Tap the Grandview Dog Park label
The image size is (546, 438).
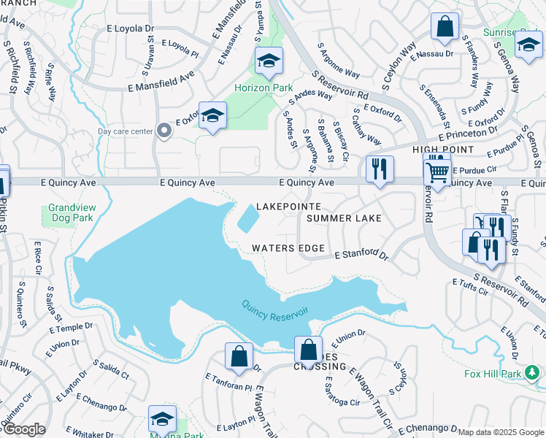[x=72, y=212]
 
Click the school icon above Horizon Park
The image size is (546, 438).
[x=269, y=61]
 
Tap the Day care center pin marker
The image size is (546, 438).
[x=164, y=131]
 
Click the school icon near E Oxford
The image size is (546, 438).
[x=213, y=116]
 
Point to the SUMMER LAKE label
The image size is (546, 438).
[x=344, y=218]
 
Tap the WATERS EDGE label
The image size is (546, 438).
[x=288, y=248]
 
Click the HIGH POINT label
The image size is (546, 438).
[x=443, y=150]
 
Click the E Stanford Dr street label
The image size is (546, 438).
[x=361, y=255]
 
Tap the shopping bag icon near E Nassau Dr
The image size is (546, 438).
[x=445, y=28]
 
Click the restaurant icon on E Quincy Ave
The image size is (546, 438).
[x=380, y=170]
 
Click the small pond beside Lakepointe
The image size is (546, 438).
[x=247, y=217]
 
